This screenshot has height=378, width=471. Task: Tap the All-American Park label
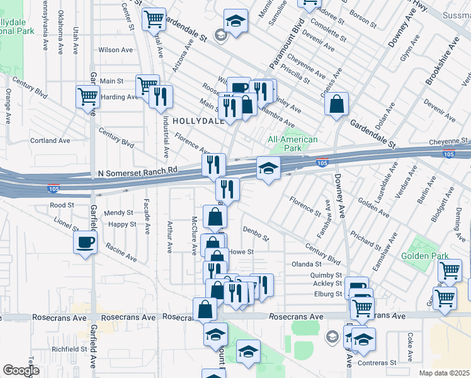point(293,144)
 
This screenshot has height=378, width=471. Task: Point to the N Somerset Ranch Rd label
point(139,171)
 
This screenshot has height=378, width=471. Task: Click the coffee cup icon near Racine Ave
point(85,242)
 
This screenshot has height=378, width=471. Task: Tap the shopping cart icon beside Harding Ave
point(88,97)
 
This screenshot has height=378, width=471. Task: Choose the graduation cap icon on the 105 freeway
point(268,168)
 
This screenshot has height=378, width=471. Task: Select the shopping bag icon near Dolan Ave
point(337,105)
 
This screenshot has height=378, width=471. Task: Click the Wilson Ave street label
point(115,50)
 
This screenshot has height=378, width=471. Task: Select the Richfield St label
point(69,348)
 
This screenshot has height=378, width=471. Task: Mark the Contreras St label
point(377,363)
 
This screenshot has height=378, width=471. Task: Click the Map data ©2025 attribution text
point(445,373)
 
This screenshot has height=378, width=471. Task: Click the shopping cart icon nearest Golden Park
point(449,271)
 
